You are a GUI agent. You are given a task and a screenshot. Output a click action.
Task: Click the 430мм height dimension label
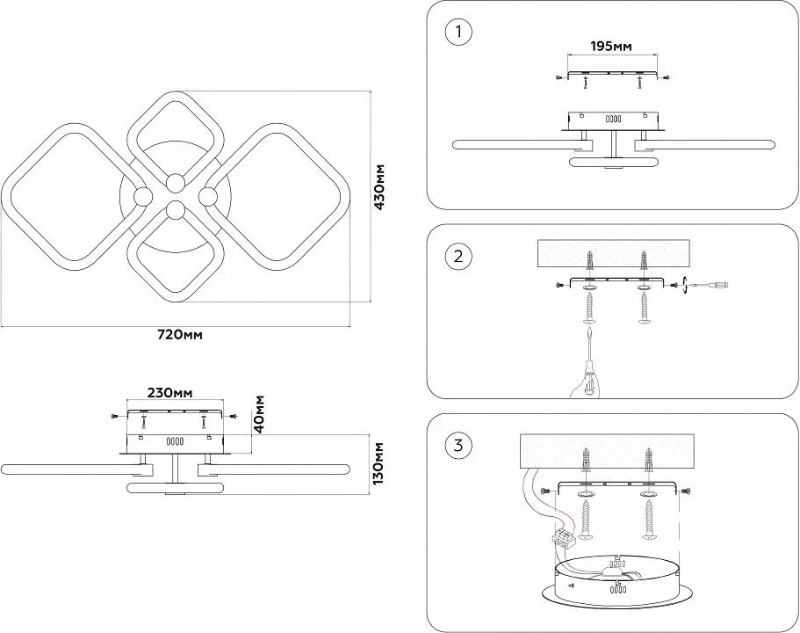coord(379,187)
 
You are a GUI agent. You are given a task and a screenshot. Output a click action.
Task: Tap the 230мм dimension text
coord(169,392)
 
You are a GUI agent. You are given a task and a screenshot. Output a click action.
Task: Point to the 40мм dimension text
coord(259,411)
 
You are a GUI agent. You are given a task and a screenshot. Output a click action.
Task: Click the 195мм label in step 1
coord(610,46)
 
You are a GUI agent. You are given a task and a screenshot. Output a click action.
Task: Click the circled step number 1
coord(458,33)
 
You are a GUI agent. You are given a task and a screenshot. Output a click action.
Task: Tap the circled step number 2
coord(458,257)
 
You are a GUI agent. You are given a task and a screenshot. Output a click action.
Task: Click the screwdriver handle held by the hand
coord(587,373)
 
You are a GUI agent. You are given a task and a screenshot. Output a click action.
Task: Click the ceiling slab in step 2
coord(614,253)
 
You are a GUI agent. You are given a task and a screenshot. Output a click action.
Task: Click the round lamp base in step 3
coord(614,584)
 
